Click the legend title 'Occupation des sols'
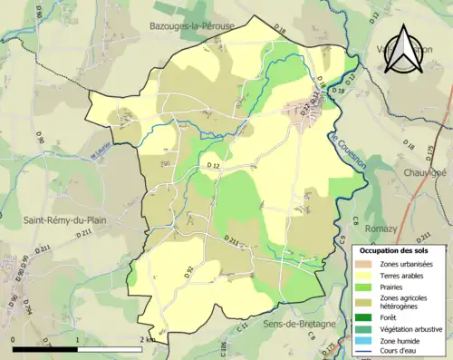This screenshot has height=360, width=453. [400, 250]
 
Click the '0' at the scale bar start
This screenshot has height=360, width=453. [14, 340]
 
